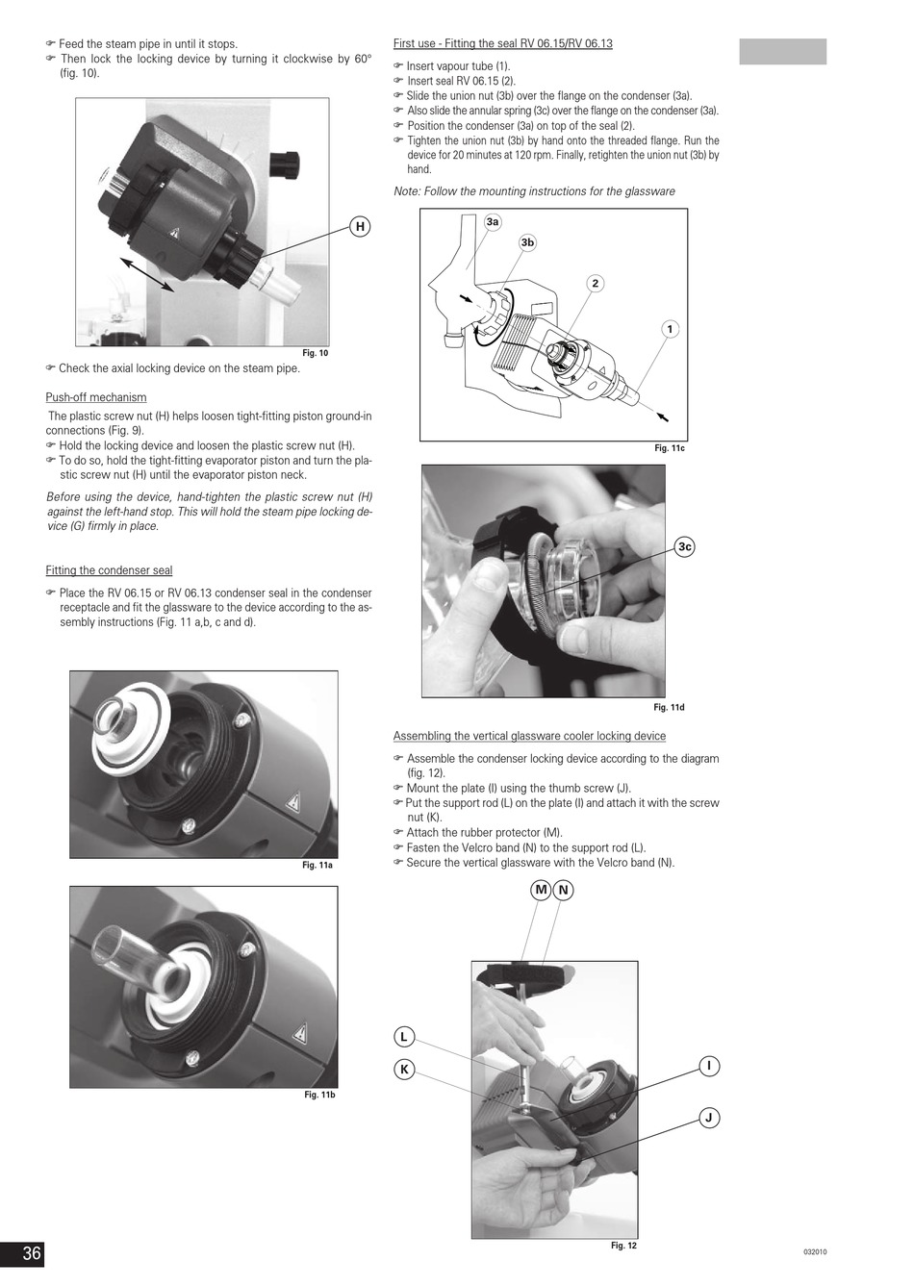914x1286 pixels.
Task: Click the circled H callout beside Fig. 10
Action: (x=360, y=227)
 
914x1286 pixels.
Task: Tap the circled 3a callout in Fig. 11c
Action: (x=493, y=221)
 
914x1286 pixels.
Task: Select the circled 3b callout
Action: (x=527, y=242)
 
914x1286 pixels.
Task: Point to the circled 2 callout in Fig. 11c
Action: (x=595, y=283)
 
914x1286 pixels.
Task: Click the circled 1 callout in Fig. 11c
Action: (x=670, y=329)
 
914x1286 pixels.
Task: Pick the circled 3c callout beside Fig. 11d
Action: (x=684, y=546)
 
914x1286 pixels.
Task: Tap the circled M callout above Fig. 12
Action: (x=541, y=890)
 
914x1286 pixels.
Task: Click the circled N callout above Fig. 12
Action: (x=563, y=890)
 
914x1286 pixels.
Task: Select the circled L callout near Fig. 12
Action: (x=404, y=1037)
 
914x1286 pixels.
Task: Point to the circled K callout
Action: (x=404, y=1069)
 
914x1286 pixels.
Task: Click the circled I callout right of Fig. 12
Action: (x=709, y=1066)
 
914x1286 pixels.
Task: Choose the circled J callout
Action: (x=709, y=1118)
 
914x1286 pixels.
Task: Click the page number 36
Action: (x=32, y=1252)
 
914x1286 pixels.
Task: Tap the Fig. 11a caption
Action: (x=317, y=865)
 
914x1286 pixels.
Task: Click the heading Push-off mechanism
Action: (x=96, y=397)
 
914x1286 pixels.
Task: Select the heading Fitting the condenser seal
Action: (x=109, y=570)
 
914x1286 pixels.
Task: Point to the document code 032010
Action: (x=815, y=1252)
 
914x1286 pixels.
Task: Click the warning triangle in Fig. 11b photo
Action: (x=299, y=1033)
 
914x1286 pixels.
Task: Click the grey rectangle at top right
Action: (x=782, y=52)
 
